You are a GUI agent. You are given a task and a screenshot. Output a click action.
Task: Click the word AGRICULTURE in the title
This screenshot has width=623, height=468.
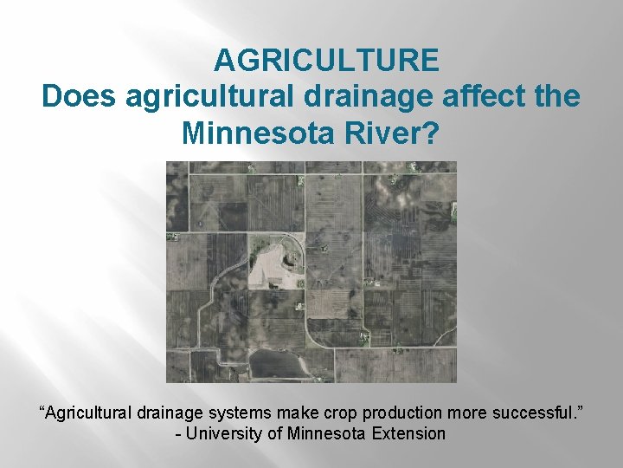tap(326, 61)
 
